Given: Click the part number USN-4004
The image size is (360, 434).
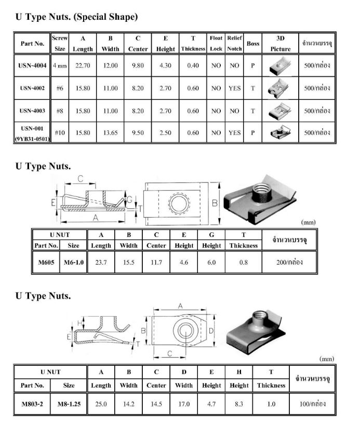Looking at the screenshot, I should click(x=32, y=67).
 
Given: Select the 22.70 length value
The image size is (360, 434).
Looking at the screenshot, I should click(x=83, y=67).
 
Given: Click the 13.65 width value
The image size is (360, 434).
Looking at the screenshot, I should click(x=110, y=133).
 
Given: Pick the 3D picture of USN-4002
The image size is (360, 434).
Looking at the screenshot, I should click(x=280, y=88).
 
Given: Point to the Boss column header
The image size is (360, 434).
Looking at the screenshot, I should click(x=253, y=44).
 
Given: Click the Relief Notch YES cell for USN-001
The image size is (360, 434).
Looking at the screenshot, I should click(x=234, y=133).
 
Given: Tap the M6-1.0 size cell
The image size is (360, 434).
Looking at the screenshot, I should click(x=74, y=262).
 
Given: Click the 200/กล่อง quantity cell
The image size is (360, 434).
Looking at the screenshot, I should click(x=289, y=262).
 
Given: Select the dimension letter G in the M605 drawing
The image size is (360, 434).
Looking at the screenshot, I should click(x=130, y=200).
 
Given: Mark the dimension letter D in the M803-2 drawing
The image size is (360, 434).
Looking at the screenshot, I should click(x=211, y=331).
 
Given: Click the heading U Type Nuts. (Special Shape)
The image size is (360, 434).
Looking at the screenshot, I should click(x=76, y=17).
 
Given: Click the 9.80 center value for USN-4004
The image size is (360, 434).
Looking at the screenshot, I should click(x=138, y=67).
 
